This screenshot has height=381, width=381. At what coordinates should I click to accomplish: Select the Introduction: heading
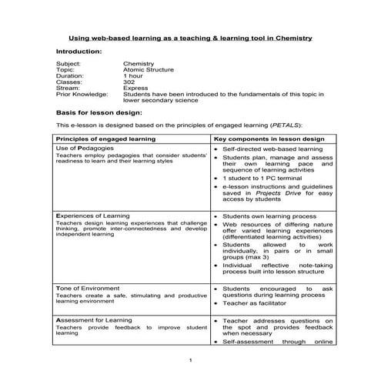(x=79, y=52)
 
